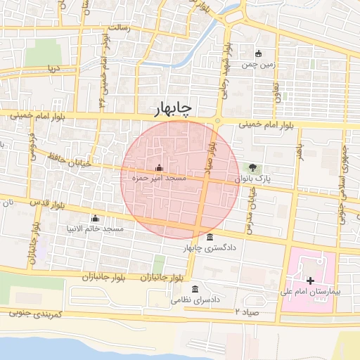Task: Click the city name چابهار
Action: [173, 108]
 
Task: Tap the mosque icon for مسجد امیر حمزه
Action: [158, 168]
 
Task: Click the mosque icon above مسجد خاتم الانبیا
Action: [95, 218]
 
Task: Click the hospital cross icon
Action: [310, 281]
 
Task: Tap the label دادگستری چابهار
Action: [210, 247]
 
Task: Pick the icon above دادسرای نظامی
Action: [195, 290]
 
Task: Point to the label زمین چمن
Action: [257, 64]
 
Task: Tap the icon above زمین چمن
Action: [258, 53]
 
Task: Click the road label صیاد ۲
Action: [247, 310]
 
